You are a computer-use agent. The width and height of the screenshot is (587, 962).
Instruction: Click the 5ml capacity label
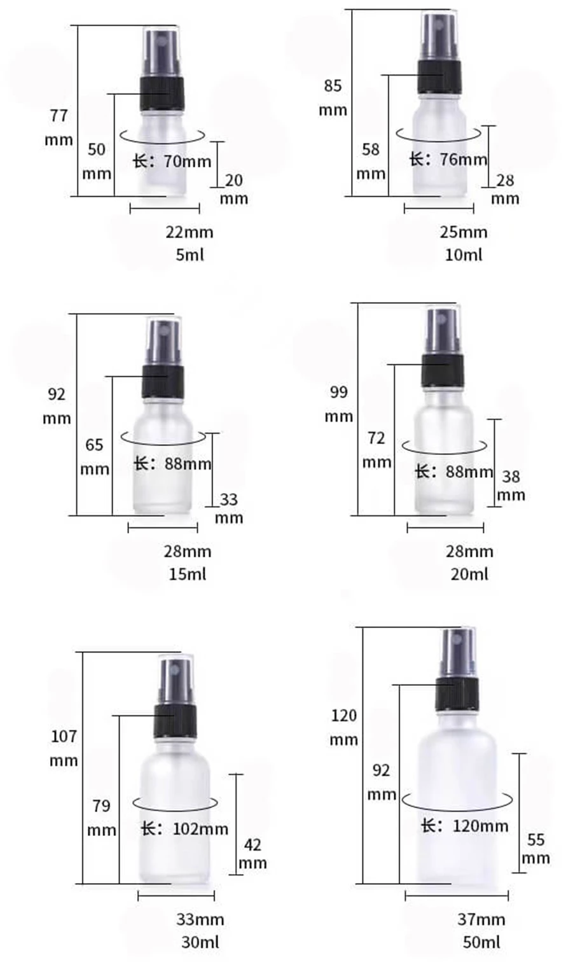click(190, 254)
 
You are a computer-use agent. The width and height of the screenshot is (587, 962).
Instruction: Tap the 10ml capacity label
click(464, 254)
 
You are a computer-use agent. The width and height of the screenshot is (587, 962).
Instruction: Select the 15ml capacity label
click(187, 574)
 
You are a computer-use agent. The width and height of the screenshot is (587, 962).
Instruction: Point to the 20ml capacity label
click(469, 574)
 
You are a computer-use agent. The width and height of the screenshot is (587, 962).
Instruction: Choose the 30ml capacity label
click(200, 942)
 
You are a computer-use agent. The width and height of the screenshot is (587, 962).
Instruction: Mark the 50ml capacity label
click(481, 942)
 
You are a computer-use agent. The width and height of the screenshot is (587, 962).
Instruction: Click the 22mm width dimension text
click(190, 232)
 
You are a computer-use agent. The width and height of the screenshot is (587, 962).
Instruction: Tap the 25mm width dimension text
click(464, 232)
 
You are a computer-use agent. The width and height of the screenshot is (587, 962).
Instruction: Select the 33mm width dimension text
click(200, 919)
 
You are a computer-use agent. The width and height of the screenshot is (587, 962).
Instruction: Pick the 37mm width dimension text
click(481, 919)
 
